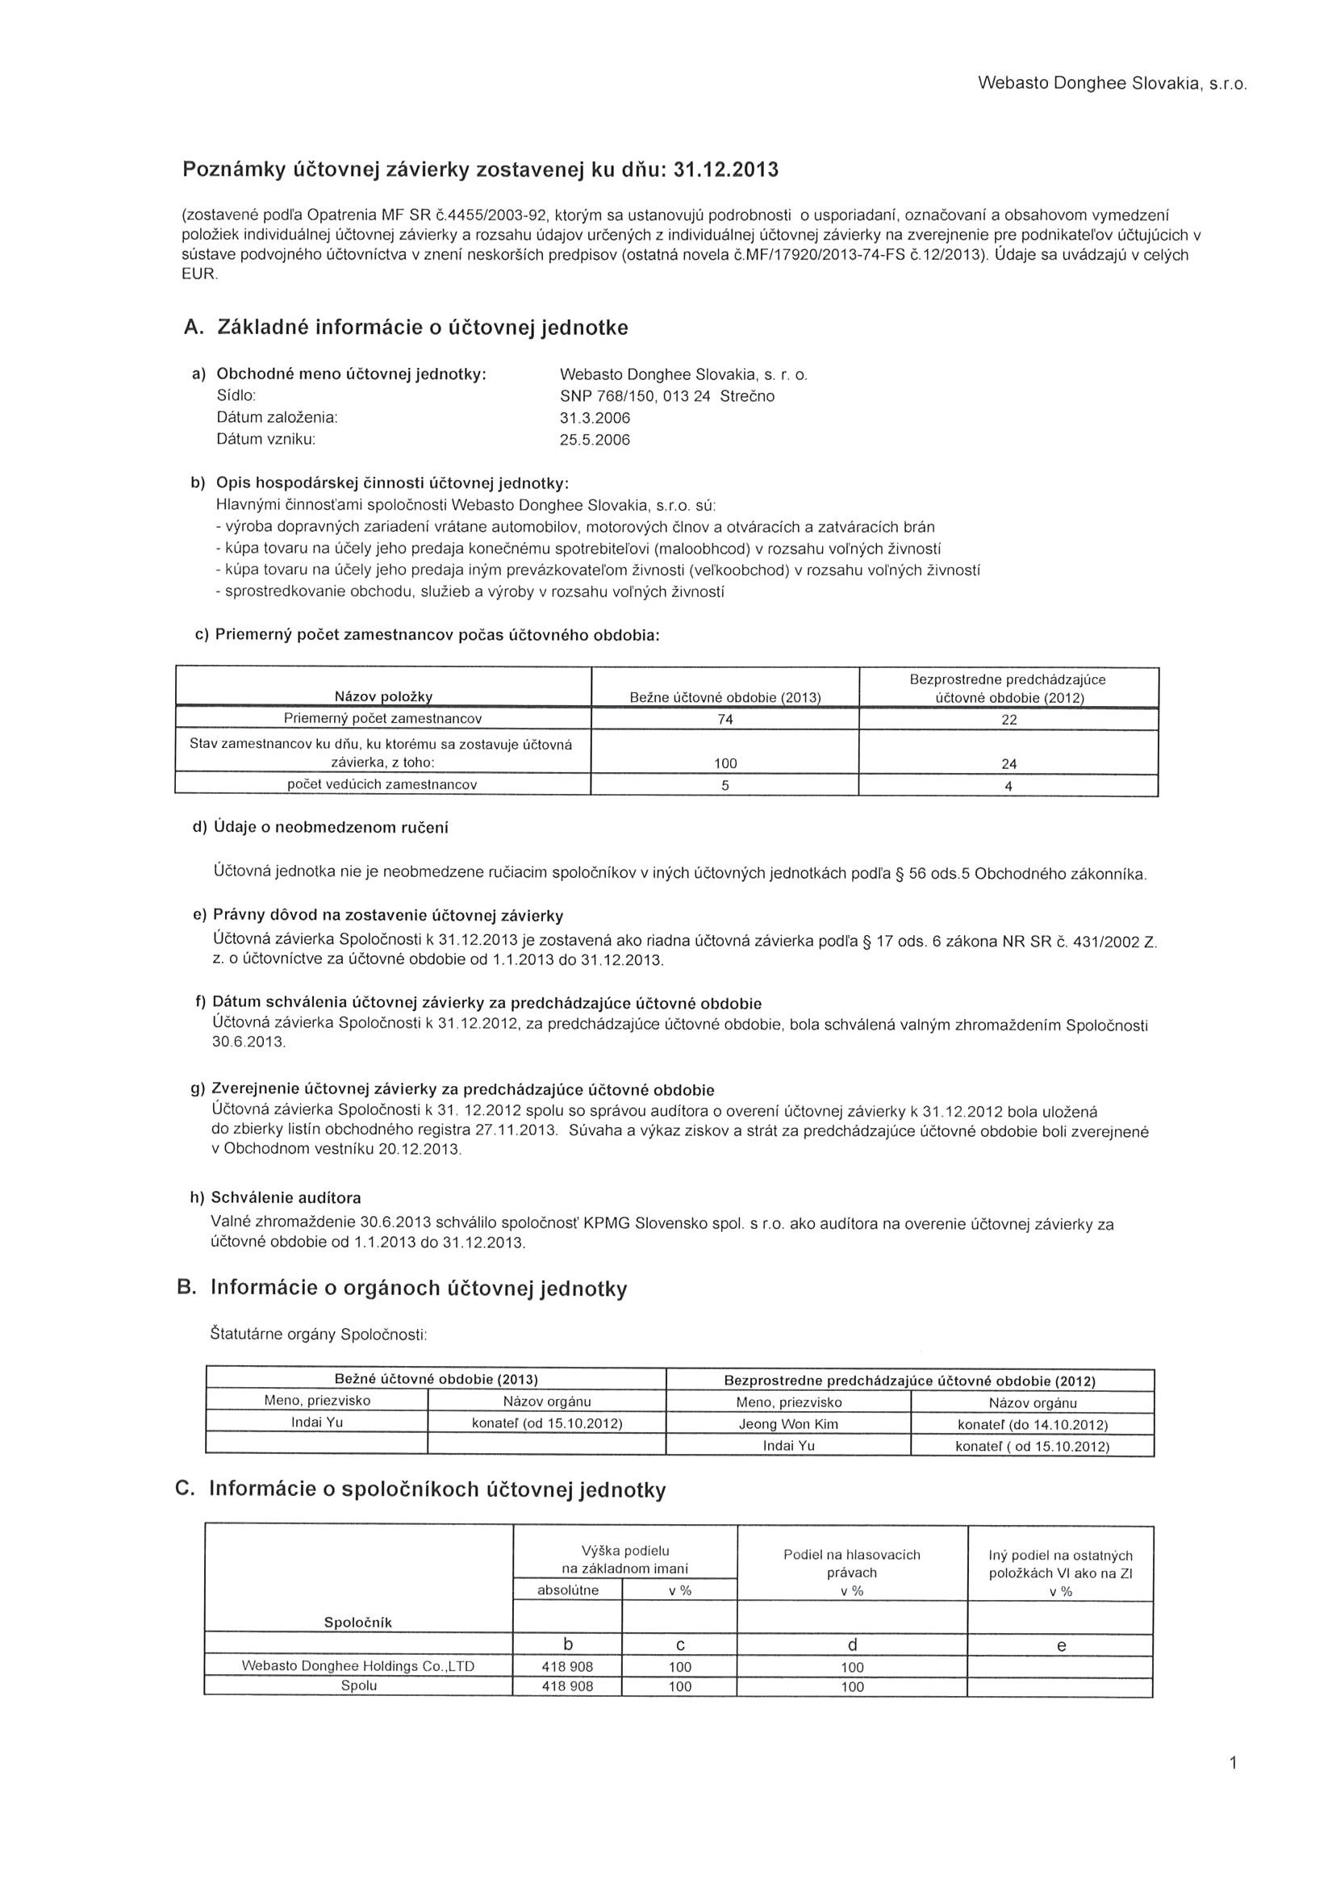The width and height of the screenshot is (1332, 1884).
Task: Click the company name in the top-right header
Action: [1112, 84]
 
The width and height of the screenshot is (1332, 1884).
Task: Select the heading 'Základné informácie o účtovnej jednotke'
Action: [422, 328]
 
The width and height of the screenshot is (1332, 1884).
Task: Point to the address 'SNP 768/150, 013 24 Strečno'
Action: [666, 396]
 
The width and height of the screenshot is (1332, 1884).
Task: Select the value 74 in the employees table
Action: [724, 720]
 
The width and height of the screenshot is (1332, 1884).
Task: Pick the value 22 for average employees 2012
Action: [1008, 720]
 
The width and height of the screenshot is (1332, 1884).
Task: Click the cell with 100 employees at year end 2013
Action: [725, 763]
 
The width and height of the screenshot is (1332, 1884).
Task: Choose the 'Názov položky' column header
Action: [383, 696]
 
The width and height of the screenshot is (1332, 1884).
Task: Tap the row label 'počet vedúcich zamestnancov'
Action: [382, 784]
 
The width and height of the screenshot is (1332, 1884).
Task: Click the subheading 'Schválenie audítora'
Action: [286, 1197]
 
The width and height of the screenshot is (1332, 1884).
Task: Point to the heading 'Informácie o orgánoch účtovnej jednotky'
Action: [419, 1288]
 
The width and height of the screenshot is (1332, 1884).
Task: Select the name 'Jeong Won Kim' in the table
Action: [789, 1423]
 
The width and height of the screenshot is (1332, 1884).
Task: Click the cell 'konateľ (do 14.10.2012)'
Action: [1033, 1423]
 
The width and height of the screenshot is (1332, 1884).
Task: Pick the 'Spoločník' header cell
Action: [359, 1623]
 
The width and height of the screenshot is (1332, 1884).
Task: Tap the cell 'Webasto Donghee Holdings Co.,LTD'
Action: [358, 1665]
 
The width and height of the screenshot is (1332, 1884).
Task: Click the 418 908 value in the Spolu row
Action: [567, 1686]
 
